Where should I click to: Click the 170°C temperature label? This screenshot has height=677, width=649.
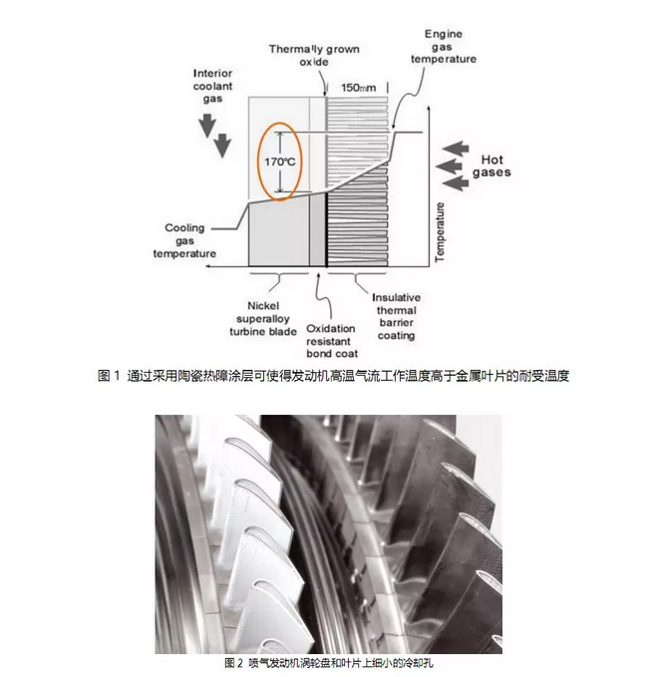[280, 162]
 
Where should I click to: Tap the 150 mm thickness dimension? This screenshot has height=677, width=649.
[358, 88]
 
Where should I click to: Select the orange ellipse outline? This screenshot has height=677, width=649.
[279, 162]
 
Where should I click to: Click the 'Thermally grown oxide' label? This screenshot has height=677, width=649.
[314, 55]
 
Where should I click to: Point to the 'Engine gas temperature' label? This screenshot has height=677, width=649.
[443, 47]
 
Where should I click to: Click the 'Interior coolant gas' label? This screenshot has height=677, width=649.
[212, 86]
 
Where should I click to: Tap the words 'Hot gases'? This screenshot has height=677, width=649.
[491, 167]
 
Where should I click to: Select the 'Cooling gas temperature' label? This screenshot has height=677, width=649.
[184, 240]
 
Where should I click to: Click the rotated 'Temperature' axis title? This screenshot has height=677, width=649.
[440, 232]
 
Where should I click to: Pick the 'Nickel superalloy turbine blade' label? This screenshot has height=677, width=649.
[263, 319]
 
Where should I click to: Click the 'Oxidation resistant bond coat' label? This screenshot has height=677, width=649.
[332, 341]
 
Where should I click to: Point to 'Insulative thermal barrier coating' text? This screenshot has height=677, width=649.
[396, 316]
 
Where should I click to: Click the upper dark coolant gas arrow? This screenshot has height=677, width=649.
[207, 126]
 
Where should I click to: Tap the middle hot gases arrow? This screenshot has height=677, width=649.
[449, 167]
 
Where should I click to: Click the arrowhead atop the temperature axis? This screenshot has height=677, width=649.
[428, 108]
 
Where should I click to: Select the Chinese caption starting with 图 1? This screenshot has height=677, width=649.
[333, 376]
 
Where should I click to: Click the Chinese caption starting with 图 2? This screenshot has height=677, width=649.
[329, 663]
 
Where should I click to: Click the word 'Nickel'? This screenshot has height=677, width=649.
[263, 306]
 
